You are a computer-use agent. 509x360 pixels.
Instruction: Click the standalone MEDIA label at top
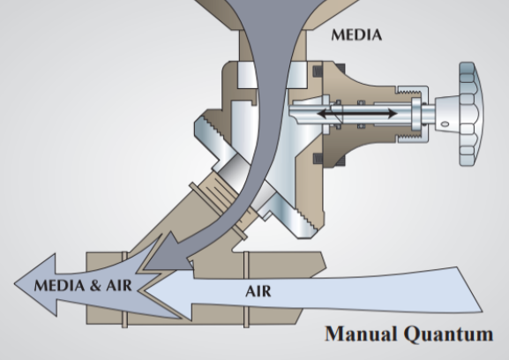coord(356,35)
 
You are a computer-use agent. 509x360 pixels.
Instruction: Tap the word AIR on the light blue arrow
coord(258,291)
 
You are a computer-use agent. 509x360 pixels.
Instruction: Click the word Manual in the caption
coord(361,334)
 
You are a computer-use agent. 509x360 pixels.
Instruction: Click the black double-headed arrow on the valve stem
coord(356,114)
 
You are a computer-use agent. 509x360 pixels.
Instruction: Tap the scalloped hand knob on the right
coord(471,115)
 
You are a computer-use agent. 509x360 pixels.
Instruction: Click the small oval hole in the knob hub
coord(445,124)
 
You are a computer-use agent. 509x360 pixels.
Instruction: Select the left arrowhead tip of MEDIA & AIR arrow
coord(14,284)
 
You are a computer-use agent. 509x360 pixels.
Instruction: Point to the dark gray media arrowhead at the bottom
coord(166,257)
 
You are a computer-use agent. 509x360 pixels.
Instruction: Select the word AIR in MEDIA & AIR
coord(119,286)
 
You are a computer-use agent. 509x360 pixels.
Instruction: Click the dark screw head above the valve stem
coord(318,71)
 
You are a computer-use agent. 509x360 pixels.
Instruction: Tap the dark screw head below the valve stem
coord(318,159)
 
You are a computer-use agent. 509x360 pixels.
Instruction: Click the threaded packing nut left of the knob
coord(412,115)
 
